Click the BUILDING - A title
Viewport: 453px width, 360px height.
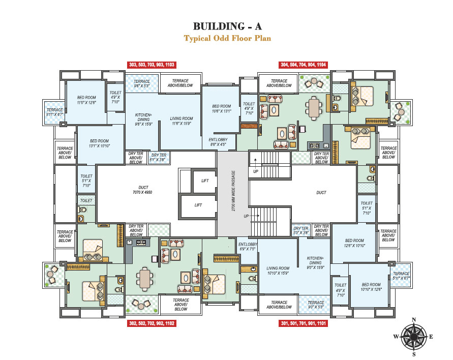(227, 26)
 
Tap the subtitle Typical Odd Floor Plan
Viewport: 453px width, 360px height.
(227, 38)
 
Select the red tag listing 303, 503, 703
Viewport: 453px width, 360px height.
(152, 65)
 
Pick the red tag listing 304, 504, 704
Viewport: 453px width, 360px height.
(304, 65)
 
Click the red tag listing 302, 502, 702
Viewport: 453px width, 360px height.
(152, 323)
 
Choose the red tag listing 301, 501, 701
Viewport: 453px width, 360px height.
(304, 323)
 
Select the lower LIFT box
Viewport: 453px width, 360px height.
(198, 205)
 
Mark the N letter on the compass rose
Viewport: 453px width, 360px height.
(414, 320)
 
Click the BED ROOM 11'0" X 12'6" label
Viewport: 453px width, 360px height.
(86, 100)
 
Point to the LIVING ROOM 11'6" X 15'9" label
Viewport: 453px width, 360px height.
(182, 122)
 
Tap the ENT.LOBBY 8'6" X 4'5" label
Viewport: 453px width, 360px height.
(218, 141)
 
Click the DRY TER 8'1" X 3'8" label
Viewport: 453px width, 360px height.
(159, 158)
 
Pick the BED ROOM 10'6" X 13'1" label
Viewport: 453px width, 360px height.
(222, 109)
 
